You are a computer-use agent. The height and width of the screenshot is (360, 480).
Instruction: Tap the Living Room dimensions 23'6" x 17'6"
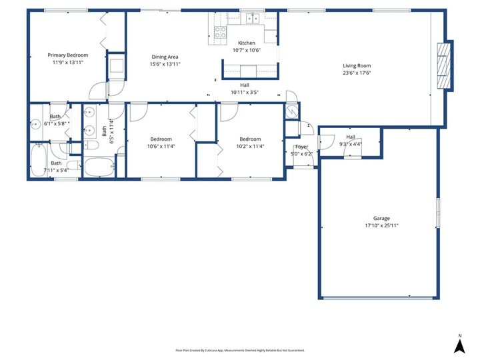click(x=357, y=73)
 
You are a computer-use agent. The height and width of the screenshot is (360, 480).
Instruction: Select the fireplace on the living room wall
click(x=445, y=65)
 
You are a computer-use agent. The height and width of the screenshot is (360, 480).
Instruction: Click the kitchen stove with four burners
click(x=220, y=31)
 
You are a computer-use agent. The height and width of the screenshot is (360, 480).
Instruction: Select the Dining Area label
click(x=164, y=57)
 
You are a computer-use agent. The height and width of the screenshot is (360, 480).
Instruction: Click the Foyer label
click(x=302, y=147)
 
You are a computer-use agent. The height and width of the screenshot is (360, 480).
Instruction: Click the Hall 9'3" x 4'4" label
click(x=350, y=137)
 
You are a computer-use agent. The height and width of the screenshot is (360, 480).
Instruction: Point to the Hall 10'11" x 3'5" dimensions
click(x=244, y=93)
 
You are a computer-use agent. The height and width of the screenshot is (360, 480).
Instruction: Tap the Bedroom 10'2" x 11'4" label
click(x=250, y=139)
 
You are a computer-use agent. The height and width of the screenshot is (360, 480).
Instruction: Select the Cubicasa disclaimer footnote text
click(x=240, y=350)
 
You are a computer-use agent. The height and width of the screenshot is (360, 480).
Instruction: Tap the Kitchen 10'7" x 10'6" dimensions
click(x=247, y=50)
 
